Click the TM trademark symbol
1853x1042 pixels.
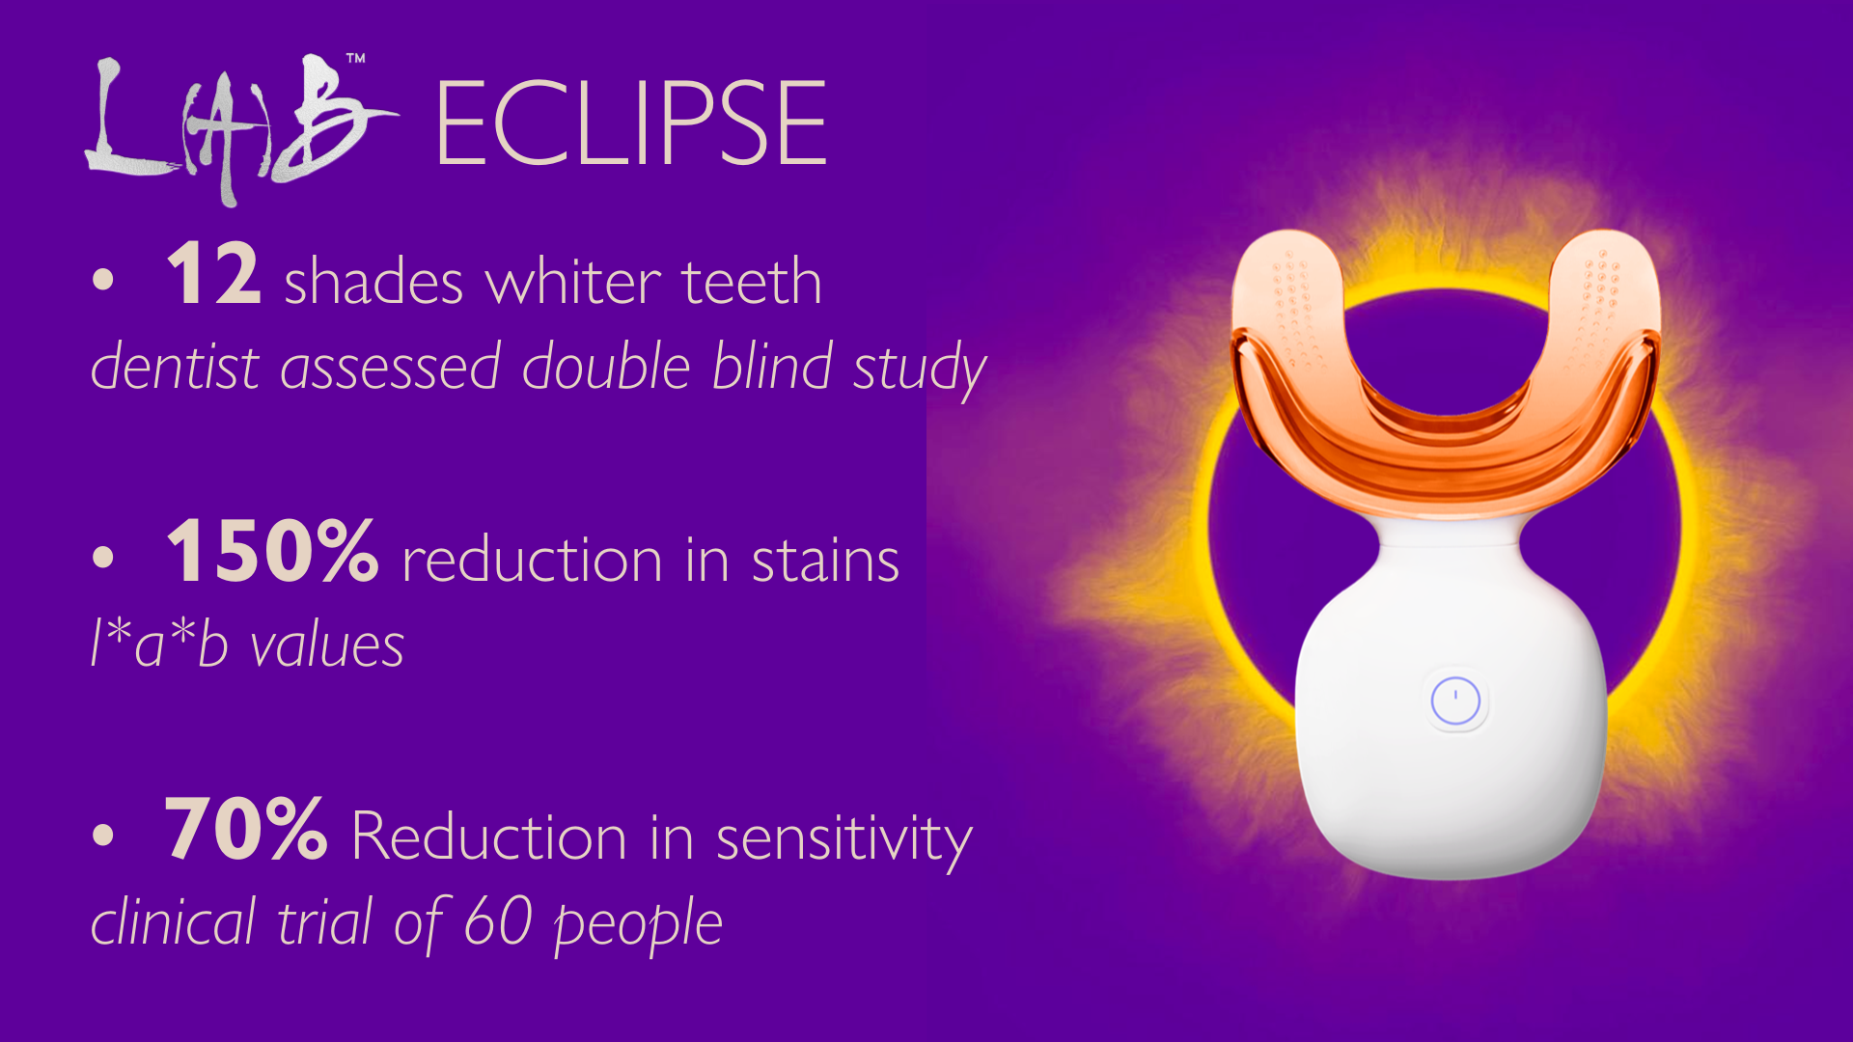coord(356,59)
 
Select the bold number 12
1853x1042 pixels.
coord(213,273)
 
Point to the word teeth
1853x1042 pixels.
coord(752,282)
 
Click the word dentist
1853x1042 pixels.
coord(175,367)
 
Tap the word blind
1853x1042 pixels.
coord(772,366)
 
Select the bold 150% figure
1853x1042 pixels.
coord(272,550)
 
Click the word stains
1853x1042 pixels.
coord(825,561)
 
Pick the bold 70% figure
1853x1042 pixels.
coord(246,828)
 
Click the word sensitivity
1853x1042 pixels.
coord(844,837)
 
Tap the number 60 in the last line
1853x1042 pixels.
coord(498,920)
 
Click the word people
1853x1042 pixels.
coord(638,925)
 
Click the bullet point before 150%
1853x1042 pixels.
coord(103,558)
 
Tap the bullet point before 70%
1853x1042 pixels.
coord(103,836)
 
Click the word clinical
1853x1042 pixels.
coord(174,920)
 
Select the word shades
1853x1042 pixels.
coord(373,282)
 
